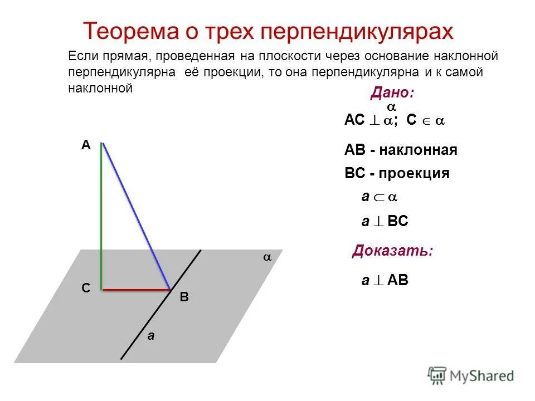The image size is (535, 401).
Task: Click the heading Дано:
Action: click(392, 93)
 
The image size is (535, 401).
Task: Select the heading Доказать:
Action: click(392, 251)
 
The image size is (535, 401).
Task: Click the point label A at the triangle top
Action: click(85, 145)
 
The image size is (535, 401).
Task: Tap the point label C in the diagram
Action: click(85, 288)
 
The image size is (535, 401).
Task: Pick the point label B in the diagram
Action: click(184, 298)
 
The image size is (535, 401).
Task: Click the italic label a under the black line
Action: click(149, 336)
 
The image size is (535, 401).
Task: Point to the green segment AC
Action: click(101, 217)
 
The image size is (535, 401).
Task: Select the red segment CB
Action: click(135, 290)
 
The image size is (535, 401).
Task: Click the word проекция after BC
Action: click(414, 174)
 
